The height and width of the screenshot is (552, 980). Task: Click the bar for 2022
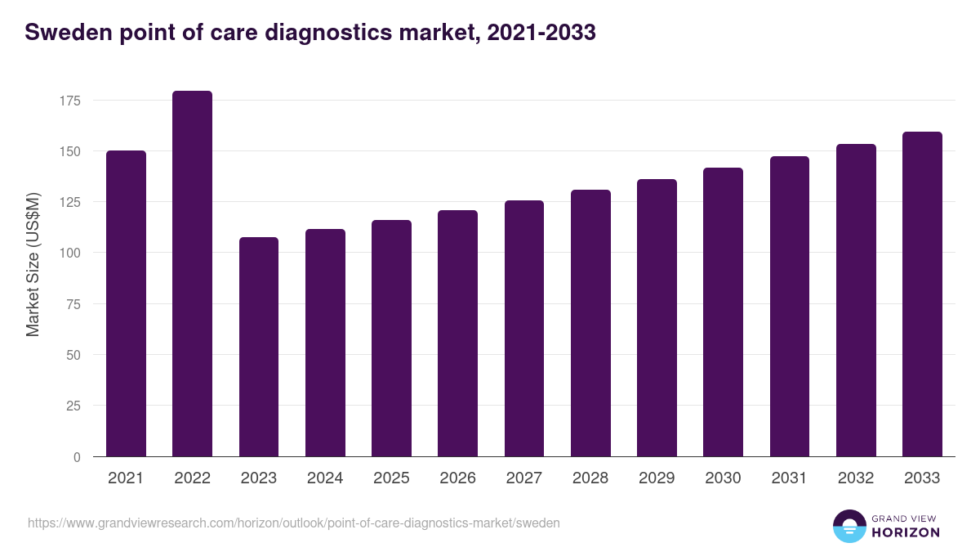pyautogui.click(x=192, y=274)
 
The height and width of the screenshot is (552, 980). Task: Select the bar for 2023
pyautogui.click(x=259, y=347)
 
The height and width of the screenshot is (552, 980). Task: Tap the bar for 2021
pyautogui.click(x=126, y=303)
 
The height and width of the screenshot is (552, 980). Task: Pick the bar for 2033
pyautogui.click(x=922, y=294)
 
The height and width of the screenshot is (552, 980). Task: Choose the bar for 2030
pyautogui.click(x=723, y=312)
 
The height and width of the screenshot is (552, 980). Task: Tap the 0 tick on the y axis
pyautogui.click(x=77, y=457)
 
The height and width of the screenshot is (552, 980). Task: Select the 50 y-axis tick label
pyautogui.click(x=73, y=355)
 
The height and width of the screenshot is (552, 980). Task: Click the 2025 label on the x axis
pyautogui.click(x=391, y=478)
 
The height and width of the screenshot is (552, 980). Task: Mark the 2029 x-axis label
pyautogui.click(x=657, y=478)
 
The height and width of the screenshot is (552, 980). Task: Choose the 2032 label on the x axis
pyautogui.click(x=856, y=478)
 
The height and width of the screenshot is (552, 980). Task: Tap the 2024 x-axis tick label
pyautogui.click(x=325, y=478)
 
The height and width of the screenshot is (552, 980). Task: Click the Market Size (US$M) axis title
pyautogui.click(x=33, y=263)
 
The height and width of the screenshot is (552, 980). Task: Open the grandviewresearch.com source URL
pyautogui.click(x=294, y=523)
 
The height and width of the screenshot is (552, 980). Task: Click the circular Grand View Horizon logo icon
pyautogui.click(x=849, y=526)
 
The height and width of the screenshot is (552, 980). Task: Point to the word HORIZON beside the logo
pyautogui.click(x=906, y=532)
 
